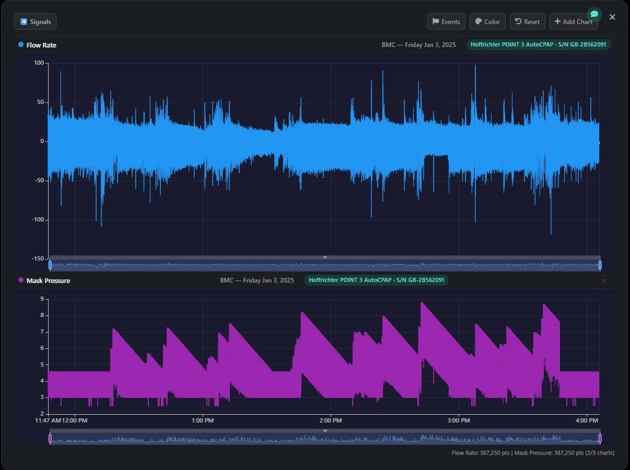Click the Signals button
point(35,21)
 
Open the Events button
point(446,21)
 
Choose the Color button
point(487,21)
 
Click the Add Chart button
point(573,21)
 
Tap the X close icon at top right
point(612,17)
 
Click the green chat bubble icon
point(594,14)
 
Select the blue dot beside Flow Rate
point(21,45)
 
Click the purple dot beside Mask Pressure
point(21,280)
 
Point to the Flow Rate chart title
point(41,45)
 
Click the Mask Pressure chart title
point(48,280)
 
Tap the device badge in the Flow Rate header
point(538,45)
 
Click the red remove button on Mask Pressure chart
point(604,280)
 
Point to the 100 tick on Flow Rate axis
point(39,63)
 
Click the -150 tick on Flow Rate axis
point(37,258)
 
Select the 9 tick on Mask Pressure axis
point(42,299)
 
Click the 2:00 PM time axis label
point(330,420)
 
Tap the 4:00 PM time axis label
point(587,420)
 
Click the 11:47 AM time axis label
point(48,420)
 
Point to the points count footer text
point(533,453)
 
